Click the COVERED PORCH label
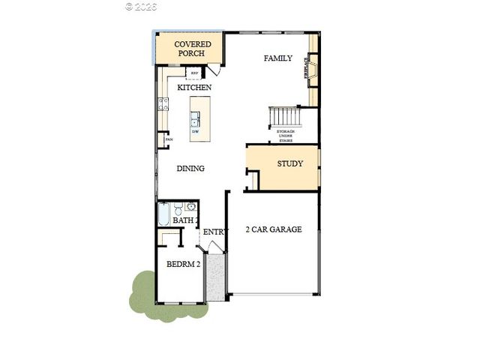[x=193, y=49]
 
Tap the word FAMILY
[x=278, y=58]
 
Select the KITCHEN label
[x=194, y=88]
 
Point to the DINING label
[x=190, y=169]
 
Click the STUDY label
[x=290, y=163]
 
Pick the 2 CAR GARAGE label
[x=274, y=229]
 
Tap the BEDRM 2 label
[x=183, y=265]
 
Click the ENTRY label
[x=214, y=232]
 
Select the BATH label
[x=184, y=220]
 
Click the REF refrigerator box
[x=194, y=73]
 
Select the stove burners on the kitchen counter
[x=162, y=105]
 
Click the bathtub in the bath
[x=164, y=214]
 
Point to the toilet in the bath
[x=178, y=208]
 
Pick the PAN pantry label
[x=169, y=139]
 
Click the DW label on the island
[x=195, y=132]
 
